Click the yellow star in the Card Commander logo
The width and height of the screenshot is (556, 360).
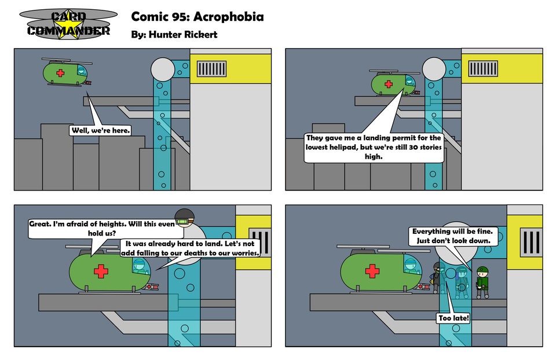(x=69, y=25)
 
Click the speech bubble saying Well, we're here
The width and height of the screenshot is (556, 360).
(x=100, y=130)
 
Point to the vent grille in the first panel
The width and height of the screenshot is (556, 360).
(x=211, y=69)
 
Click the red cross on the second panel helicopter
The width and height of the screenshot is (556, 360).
(x=388, y=85)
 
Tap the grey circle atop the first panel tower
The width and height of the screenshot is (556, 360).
(x=162, y=69)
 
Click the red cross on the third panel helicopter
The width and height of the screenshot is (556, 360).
(x=101, y=271)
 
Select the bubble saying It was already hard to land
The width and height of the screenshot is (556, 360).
(x=190, y=248)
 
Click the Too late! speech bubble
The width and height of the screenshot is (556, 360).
(x=453, y=318)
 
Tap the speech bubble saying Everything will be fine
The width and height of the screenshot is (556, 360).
(x=452, y=236)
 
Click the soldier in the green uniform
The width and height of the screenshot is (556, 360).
(x=482, y=282)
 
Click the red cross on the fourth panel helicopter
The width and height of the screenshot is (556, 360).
(x=372, y=271)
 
